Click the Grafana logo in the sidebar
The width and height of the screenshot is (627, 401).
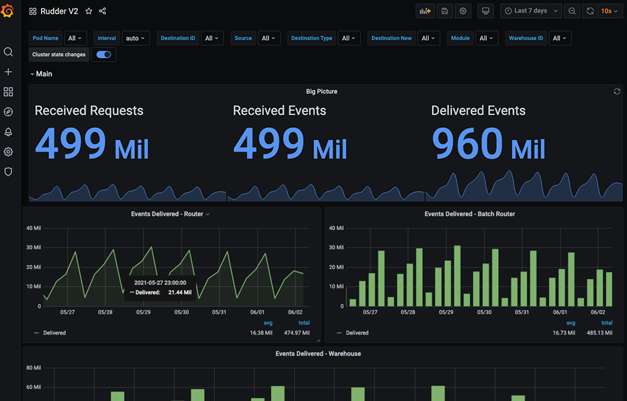point(8,11)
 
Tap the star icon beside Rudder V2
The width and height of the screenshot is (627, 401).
point(89,11)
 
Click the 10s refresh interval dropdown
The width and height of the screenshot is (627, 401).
point(610,11)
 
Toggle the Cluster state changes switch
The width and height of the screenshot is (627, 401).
point(103,55)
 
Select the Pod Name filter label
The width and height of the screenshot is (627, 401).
point(46,38)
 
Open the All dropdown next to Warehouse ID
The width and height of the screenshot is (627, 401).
point(559,38)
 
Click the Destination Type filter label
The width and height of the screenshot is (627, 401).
point(311,38)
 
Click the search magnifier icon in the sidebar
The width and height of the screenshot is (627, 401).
point(8,52)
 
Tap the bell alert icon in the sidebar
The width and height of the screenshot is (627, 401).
point(8,132)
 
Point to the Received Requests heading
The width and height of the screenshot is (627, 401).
point(89,111)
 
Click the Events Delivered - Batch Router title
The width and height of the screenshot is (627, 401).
point(470,214)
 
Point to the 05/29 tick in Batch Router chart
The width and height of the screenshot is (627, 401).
point(446,312)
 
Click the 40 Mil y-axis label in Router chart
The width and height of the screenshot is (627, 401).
point(34,228)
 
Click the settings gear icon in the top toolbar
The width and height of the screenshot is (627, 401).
point(463,11)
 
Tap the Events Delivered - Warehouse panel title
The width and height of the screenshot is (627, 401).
point(318,353)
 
